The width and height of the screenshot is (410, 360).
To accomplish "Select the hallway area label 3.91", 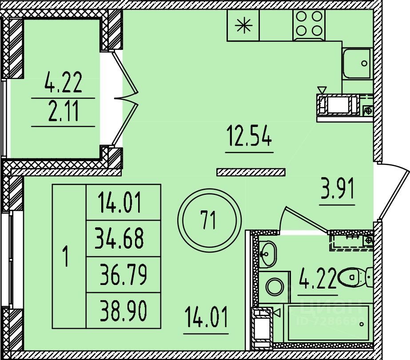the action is pos(337,191).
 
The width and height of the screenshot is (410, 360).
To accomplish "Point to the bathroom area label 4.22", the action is pos(317,279).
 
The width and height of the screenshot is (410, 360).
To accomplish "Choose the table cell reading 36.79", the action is pos(123,275).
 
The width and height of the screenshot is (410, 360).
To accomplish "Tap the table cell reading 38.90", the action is pos(123,310).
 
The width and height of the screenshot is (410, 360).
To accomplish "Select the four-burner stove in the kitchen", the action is pos(309,23).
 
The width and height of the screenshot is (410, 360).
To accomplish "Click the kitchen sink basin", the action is pos(357,63).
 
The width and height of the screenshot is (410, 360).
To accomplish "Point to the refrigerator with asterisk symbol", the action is pos(243,26).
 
